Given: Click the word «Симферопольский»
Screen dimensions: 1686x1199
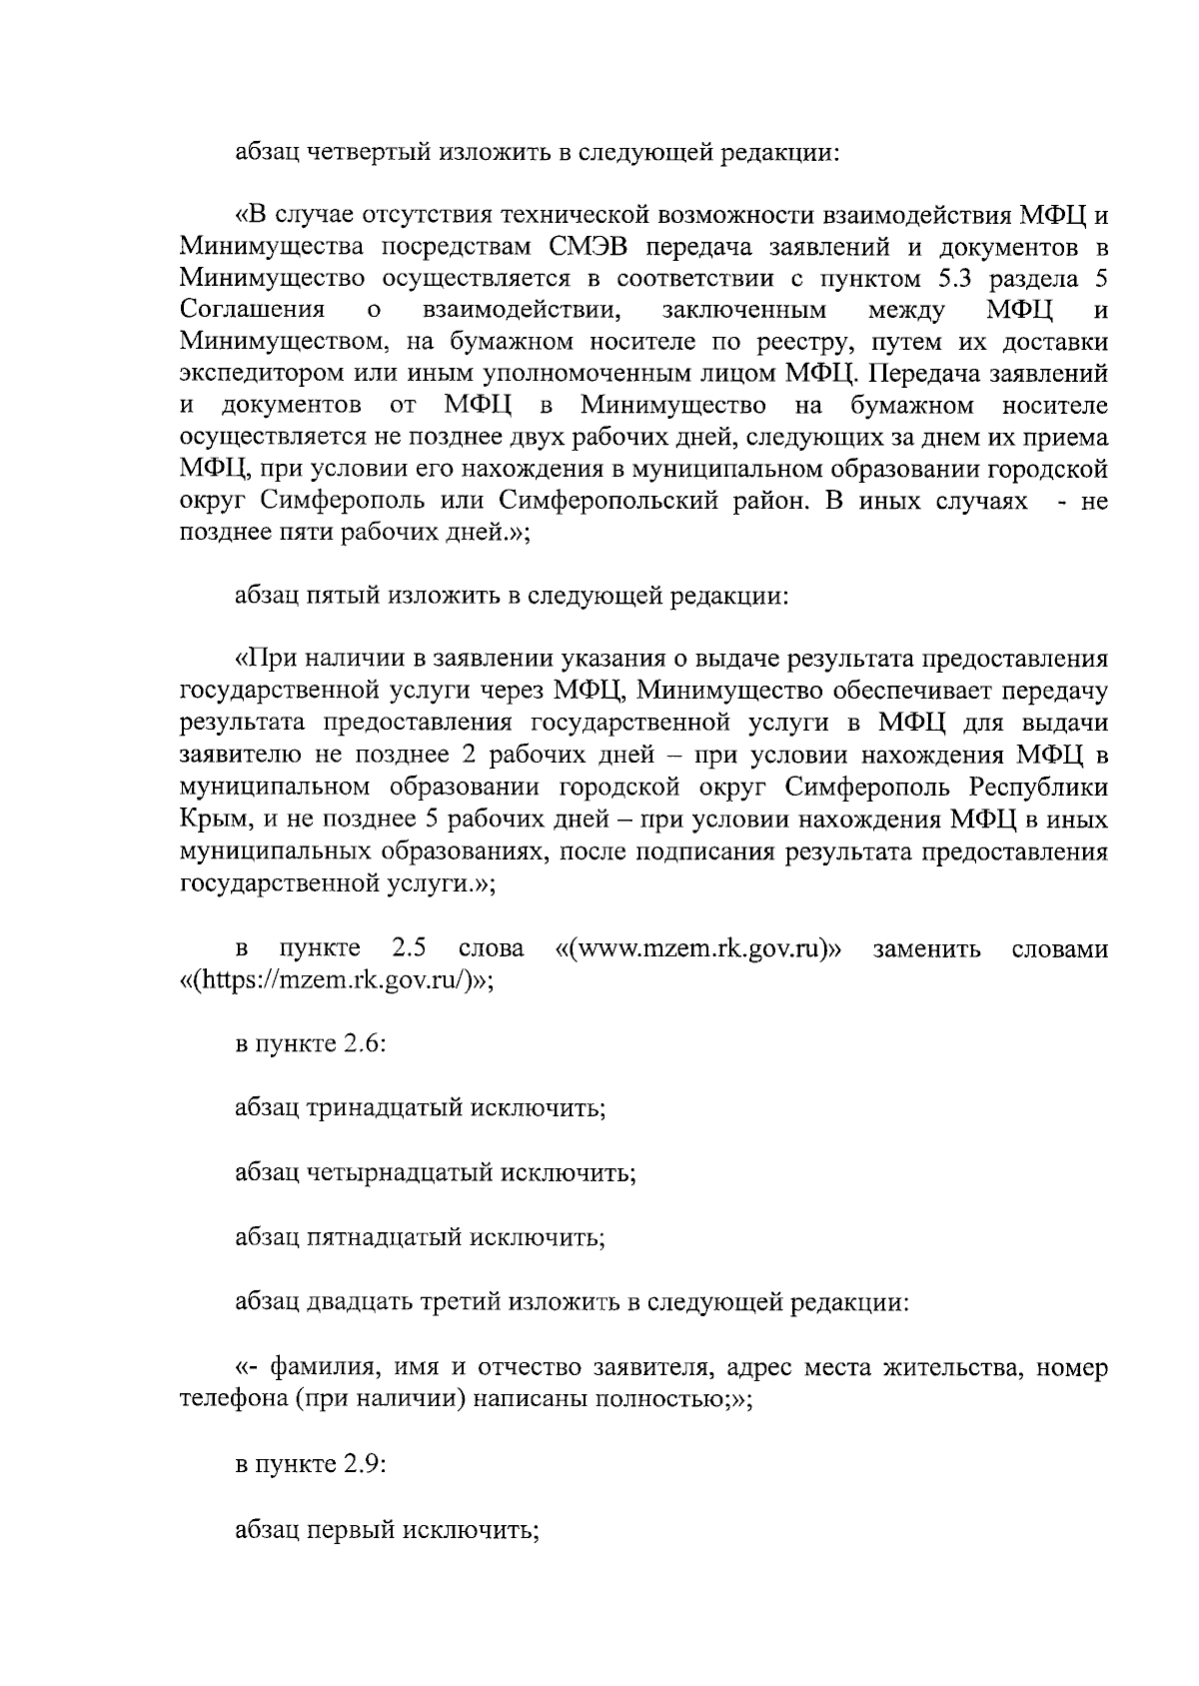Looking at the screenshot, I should coord(608,501).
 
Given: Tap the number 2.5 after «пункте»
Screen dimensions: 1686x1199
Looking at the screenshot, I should coord(410,948).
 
